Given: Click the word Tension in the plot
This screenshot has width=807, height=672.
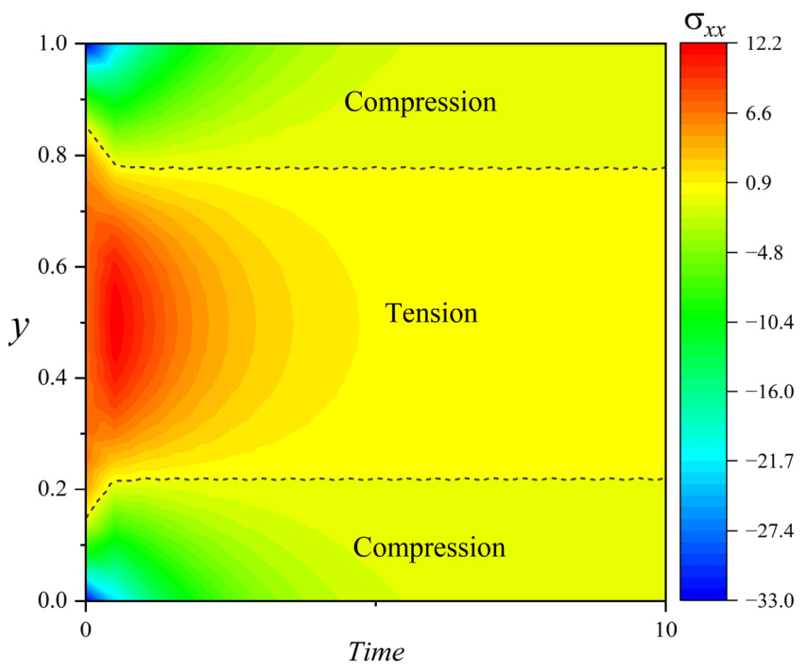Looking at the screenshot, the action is (x=431, y=313).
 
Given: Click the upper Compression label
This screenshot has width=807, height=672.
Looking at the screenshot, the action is (x=421, y=102).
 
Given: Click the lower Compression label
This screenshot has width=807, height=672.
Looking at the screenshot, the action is (x=429, y=547).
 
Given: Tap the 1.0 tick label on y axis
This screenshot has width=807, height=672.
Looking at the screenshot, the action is (x=53, y=43).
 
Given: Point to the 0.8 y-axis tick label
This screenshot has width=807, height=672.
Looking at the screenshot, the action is (x=53, y=156).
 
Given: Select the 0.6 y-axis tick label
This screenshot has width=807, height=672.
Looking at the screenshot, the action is (x=53, y=267).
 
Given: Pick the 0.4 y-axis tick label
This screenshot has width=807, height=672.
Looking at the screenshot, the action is (x=53, y=378).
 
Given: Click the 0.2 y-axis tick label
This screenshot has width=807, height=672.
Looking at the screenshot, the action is (x=53, y=489).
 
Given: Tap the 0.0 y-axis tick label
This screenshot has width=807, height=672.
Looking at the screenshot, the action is (x=53, y=600).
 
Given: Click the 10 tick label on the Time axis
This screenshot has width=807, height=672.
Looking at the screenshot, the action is (x=666, y=630).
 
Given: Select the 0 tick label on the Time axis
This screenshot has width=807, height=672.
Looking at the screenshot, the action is (x=86, y=630).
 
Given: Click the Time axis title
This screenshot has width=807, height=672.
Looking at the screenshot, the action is (x=376, y=652).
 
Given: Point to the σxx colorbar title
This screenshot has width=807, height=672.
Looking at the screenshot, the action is (x=705, y=24).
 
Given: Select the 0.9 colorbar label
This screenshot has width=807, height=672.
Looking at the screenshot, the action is (x=759, y=183).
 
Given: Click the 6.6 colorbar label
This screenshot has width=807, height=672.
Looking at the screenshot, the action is (x=759, y=113).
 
